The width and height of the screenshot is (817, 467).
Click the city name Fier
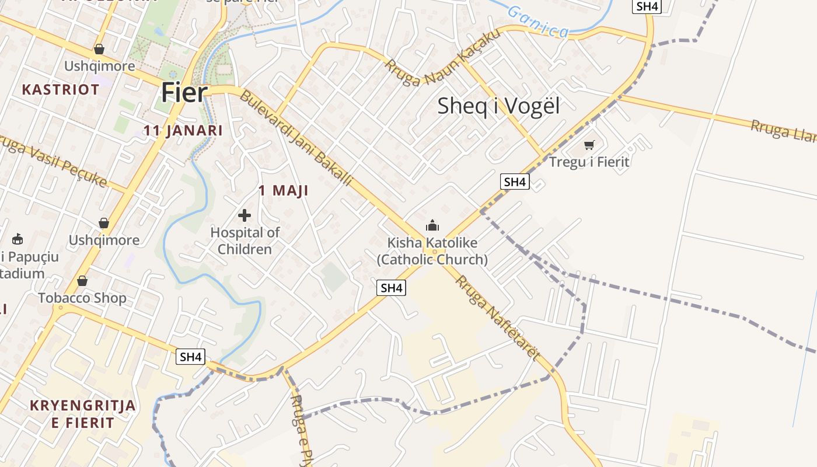pyautogui.click(x=184, y=93)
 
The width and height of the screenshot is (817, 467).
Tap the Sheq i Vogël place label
pyautogui.click(x=498, y=106)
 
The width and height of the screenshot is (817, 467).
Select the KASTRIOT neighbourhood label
pyautogui.click(x=61, y=89)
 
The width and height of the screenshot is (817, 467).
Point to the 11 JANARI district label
pyautogui.click(x=183, y=130)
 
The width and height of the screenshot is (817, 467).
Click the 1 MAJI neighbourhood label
pyautogui.click(x=283, y=190)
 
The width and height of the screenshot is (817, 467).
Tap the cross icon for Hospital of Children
pyautogui.click(x=245, y=215)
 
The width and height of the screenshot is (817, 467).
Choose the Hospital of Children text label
pyautogui.click(x=245, y=241)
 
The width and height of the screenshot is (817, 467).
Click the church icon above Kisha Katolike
pyautogui.click(x=432, y=225)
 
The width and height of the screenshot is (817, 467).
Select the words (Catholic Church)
pyautogui.click(x=432, y=260)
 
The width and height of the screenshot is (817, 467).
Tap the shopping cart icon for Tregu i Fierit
pyautogui.click(x=589, y=144)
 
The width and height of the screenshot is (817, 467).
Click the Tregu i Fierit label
pyautogui.click(x=589, y=161)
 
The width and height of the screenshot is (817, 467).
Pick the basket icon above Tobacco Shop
pyautogui.click(x=82, y=281)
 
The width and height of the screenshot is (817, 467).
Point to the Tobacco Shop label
pyautogui.click(x=82, y=298)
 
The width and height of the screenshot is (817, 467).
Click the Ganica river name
pyautogui.click(x=537, y=22)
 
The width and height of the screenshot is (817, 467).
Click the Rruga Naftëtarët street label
pyautogui.click(x=498, y=318)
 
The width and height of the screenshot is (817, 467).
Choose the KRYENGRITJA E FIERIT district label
pyautogui.click(x=83, y=414)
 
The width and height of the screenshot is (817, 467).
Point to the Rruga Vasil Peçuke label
pyautogui.click(x=53, y=162)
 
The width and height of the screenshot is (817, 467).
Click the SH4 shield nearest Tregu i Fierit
pyautogui.click(x=515, y=182)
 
